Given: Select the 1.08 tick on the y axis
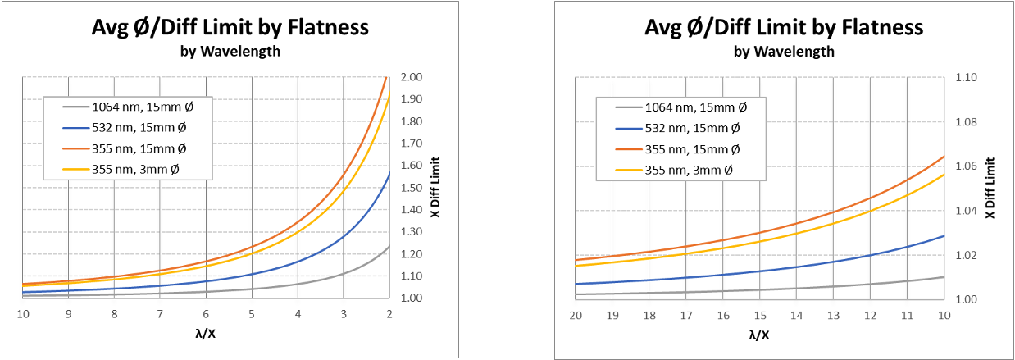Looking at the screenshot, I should click(967, 122).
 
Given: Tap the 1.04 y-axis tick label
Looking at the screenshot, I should click(967, 211).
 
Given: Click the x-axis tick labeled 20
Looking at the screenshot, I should click(576, 315).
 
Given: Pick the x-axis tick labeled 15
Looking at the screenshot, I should click(760, 315).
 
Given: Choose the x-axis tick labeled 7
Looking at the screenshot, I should click(160, 313).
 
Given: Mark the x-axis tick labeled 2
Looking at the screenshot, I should click(389, 313).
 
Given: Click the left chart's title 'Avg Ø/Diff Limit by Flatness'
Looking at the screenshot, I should click(230, 27).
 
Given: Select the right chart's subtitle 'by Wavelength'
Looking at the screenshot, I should click(784, 51).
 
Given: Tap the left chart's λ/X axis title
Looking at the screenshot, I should click(206, 335).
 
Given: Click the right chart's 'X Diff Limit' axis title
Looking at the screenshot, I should click(990, 188).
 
